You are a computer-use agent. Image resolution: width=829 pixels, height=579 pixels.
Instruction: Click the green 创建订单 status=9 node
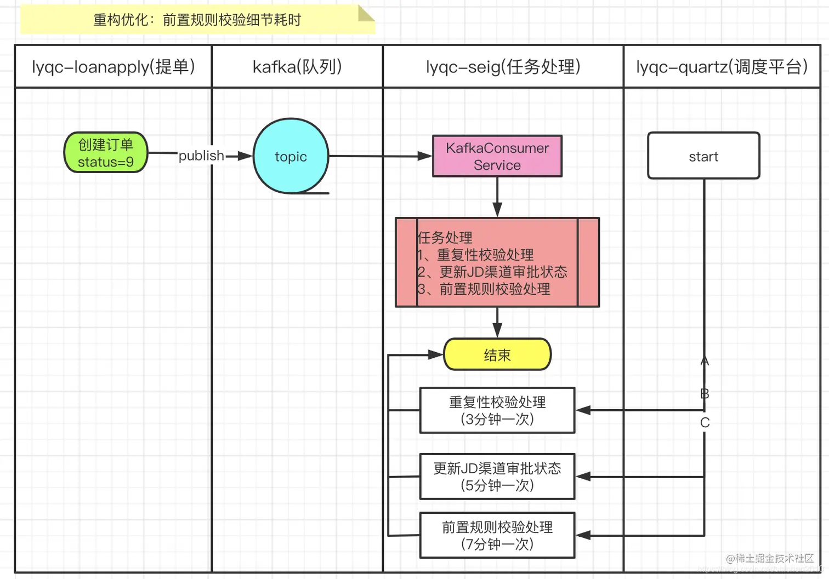106,153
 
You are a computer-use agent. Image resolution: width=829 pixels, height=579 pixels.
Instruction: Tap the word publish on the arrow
201,156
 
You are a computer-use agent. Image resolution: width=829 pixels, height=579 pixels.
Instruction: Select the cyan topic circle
291,156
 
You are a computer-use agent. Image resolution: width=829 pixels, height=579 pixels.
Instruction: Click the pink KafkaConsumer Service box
497,156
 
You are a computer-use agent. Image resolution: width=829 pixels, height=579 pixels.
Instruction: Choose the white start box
703,156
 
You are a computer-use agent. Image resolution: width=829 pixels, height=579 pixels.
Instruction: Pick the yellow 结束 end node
497,355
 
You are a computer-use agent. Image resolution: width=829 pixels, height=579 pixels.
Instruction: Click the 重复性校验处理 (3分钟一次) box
497,410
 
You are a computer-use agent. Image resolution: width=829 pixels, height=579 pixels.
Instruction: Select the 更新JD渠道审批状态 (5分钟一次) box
497,477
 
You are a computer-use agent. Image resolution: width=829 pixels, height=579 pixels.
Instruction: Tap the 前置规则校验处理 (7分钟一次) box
497,535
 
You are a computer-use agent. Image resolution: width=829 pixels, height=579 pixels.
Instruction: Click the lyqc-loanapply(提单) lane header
113,67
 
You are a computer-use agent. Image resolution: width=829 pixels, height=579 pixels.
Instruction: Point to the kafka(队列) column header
297,67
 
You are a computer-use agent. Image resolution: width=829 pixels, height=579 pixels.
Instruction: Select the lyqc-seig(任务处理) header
503,67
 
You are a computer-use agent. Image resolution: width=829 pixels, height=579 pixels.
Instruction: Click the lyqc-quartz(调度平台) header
722,67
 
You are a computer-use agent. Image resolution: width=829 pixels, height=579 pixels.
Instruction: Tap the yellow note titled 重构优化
197,20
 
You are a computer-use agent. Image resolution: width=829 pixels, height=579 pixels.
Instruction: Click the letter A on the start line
705,361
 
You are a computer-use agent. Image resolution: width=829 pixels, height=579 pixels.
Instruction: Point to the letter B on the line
705,393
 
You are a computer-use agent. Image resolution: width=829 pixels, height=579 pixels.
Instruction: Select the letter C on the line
705,422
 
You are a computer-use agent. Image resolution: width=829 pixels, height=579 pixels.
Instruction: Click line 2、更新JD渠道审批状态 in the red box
492,272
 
